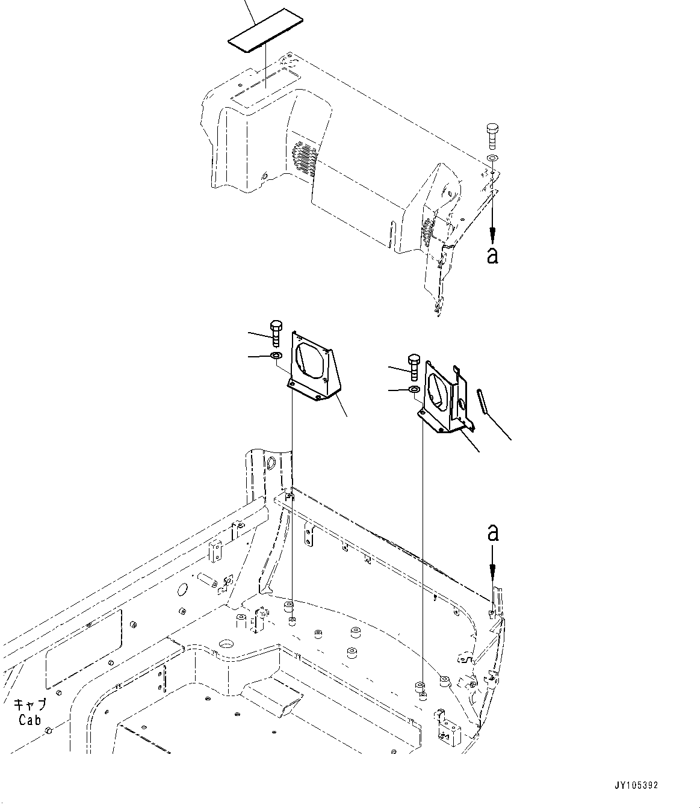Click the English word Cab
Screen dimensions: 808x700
29,720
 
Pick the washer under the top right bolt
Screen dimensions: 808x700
492,158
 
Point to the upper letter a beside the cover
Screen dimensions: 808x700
492,255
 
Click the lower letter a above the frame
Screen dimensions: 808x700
492,532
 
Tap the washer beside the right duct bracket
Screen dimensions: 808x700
414,390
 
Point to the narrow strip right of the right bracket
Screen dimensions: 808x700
483,401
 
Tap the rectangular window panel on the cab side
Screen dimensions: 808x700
84,649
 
